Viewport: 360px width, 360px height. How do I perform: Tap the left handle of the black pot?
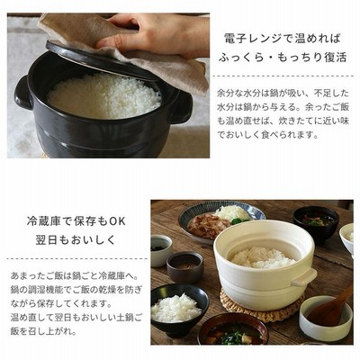click(x=22, y=94)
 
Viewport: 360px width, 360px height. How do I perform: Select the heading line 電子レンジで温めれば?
click(x=283, y=39)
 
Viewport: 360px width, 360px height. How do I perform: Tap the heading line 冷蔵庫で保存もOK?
click(x=76, y=221)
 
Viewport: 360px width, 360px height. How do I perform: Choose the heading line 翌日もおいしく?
click(x=76, y=240)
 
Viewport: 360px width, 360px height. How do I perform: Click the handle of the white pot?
click(x=304, y=277)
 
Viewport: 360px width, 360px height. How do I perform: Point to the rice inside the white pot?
click(x=263, y=257)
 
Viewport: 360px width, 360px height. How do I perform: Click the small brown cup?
click(x=184, y=267)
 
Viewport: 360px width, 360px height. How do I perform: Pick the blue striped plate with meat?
click(x=221, y=220)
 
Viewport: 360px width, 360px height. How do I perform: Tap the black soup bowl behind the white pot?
click(x=316, y=223)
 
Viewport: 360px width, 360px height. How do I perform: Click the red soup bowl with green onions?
click(x=233, y=329)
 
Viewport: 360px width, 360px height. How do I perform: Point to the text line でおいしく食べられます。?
click(x=267, y=135)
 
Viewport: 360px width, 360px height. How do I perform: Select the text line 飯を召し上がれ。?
click(x=42, y=331)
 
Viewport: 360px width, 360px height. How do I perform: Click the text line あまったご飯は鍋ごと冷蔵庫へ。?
click(x=74, y=275)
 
